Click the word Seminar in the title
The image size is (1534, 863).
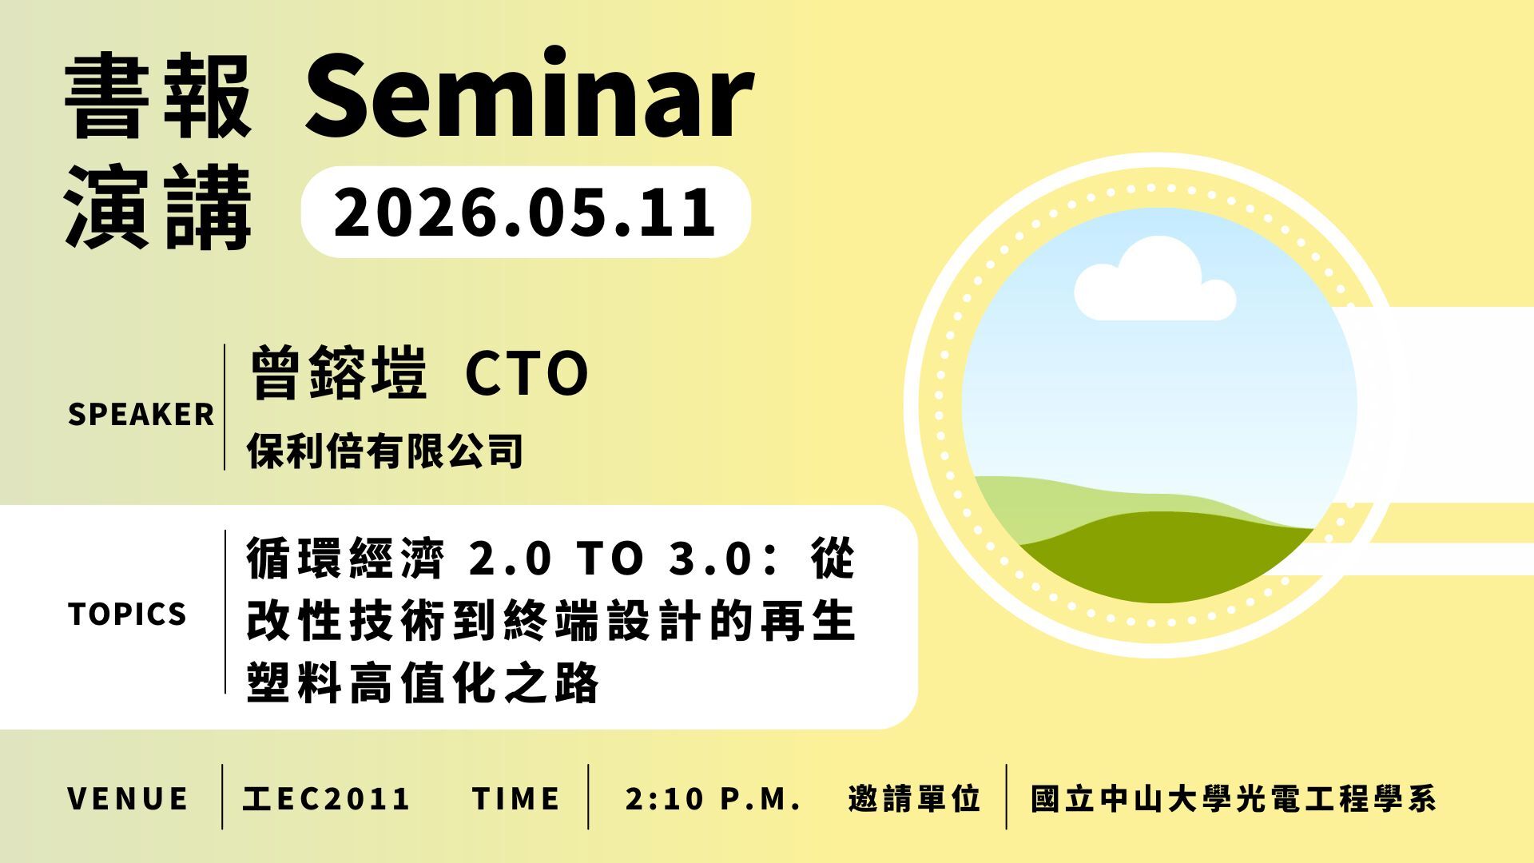pos(529,94)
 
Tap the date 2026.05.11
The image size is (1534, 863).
pos(525,212)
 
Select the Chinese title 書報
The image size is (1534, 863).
pos(158,97)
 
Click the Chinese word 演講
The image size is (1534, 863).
pos(158,208)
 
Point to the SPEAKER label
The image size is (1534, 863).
pos(141,415)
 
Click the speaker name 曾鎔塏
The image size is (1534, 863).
pos(338,373)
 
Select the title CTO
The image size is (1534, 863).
pos(527,374)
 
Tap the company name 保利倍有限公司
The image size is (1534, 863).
pos(385,451)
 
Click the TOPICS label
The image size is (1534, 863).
pos(128,614)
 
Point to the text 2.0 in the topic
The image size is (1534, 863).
pos(511,559)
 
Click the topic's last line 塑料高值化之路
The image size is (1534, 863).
pos(423,683)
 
